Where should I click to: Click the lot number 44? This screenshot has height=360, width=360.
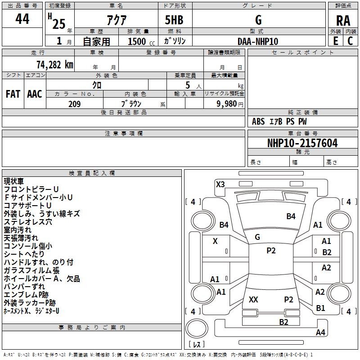click(x=22, y=19)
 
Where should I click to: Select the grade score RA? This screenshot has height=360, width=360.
click(x=343, y=21)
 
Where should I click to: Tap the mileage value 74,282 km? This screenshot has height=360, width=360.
click(x=54, y=64)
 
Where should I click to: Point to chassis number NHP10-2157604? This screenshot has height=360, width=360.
click(x=302, y=143)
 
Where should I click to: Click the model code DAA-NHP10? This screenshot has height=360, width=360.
click(x=258, y=41)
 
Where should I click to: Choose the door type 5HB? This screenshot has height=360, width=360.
click(x=174, y=20)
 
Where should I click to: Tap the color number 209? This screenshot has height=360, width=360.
click(x=74, y=104)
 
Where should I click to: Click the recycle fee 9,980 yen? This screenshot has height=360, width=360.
click(x=229, y=104)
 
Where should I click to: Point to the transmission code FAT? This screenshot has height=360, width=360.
click(x=13, y=94)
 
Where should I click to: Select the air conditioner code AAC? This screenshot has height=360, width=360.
click(x=35, y=94)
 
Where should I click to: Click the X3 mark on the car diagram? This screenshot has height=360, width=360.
click(x=220, y=184)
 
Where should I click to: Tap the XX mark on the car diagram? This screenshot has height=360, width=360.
click(x=253, y=299)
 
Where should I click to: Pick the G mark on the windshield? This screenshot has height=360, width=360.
click(x=257, y=237)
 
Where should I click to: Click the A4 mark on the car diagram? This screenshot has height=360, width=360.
click(x=320, y=332)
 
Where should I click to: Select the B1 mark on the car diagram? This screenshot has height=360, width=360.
click(x=320, y=308)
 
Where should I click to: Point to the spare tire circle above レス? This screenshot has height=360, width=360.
click(x=197, y=328)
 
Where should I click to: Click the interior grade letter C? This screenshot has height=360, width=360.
click(x=350, y=41)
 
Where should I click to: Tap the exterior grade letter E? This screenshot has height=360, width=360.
click(x=335, y=41)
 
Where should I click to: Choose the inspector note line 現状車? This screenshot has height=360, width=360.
click(x=13, y=181)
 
